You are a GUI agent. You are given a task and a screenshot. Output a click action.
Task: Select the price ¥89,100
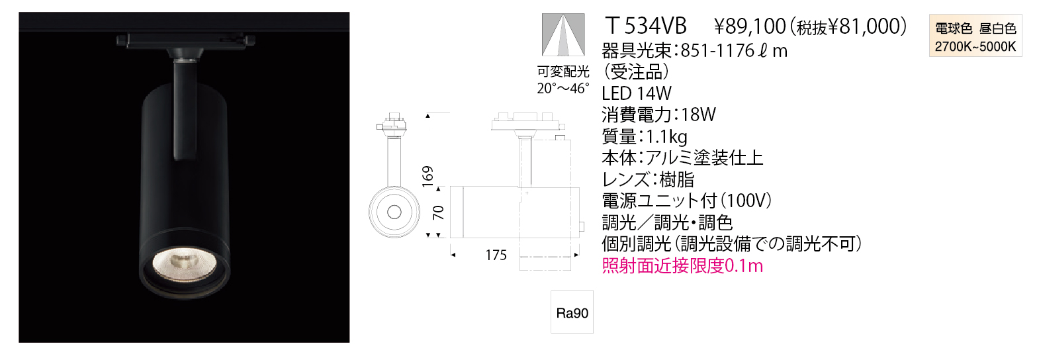750,26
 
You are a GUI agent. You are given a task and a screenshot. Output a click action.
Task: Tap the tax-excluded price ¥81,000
863,26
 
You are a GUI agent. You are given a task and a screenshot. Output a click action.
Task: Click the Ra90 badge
572,312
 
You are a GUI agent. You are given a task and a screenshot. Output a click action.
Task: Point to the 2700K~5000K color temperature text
975,47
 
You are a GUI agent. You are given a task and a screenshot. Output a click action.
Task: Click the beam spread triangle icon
563,34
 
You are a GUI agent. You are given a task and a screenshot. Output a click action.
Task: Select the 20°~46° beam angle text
563,88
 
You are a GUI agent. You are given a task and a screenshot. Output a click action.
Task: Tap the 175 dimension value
496,255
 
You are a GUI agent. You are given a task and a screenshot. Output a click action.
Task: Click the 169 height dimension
428,176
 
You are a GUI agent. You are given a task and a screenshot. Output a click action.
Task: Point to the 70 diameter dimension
438,212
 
